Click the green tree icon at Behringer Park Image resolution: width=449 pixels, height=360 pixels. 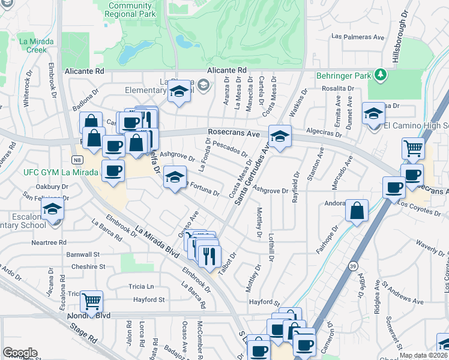[379, 74]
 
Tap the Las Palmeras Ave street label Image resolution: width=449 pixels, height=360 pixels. [358, 37]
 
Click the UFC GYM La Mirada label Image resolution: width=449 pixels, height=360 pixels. [60, 172]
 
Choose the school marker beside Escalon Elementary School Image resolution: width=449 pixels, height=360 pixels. [53, 211]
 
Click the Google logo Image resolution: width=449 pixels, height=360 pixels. [20, 353]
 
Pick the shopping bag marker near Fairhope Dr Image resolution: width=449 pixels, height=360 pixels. [357, 211]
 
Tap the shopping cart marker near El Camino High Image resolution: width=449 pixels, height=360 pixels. [413, 149]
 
